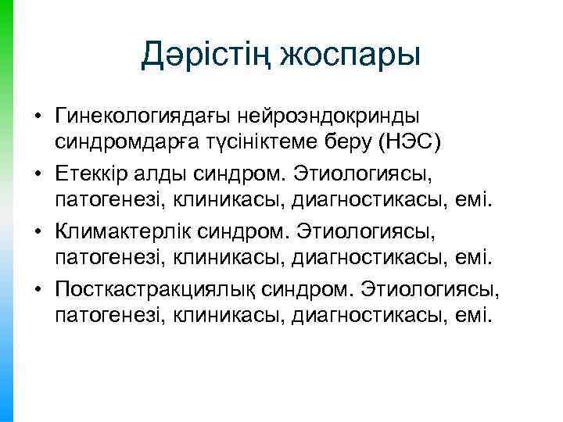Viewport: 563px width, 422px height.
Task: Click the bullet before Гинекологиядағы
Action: [x=37, y=116]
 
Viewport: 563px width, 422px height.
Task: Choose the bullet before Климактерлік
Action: [x=37, y=232]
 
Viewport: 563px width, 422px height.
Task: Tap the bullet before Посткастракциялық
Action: [x=37, y=290]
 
